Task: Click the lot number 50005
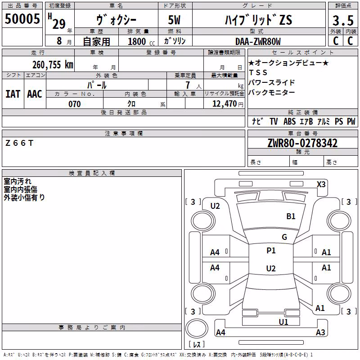click(x=22, y=18)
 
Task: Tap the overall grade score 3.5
click(x=343, y=20)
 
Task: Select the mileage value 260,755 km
click(x=53, y=65)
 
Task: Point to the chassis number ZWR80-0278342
click(x=302, y=143)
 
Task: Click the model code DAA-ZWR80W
click(x=258, y=41)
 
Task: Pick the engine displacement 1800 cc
click(x=141, y=41)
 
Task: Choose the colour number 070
click(x=74, y=104)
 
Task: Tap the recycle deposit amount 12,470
click(x=225, y=104)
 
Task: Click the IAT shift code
click(x=13, y=94)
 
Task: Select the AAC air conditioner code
click(x=35, y=94)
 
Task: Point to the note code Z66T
click(x=19, y=143)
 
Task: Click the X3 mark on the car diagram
click(x=321, y=184)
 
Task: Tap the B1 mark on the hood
click(x=291, y=216)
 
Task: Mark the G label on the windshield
click(x=284, y=237)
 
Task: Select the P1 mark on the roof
click(x=271, y=250)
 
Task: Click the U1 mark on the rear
click(x=283, y=322)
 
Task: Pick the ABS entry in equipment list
click(x=289, y=121)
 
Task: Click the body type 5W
click(x=174, y=20)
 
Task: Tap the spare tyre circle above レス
click(x=197, y=328)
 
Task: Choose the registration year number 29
click(x=59, y=24)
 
